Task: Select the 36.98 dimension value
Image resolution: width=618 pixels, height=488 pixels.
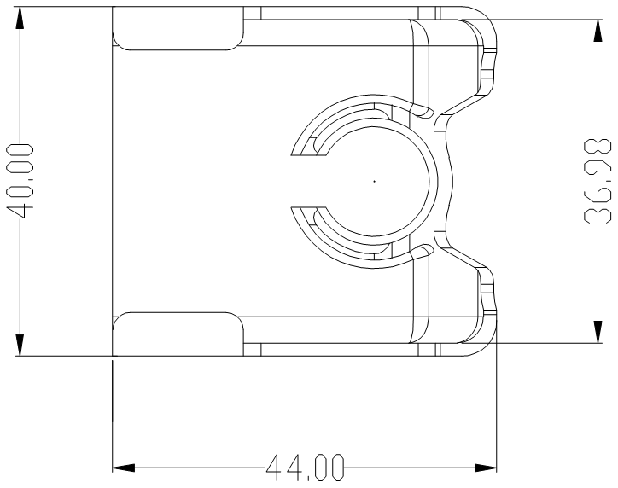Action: tap(601, 181)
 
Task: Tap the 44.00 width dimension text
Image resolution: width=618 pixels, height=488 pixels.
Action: tap(305, 468)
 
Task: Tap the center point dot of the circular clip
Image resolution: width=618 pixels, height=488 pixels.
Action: tap(374, 181)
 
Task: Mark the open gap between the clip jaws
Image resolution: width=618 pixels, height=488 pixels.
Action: tap(312, 181)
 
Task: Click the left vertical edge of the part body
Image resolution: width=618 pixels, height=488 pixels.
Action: tap(114, 181)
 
